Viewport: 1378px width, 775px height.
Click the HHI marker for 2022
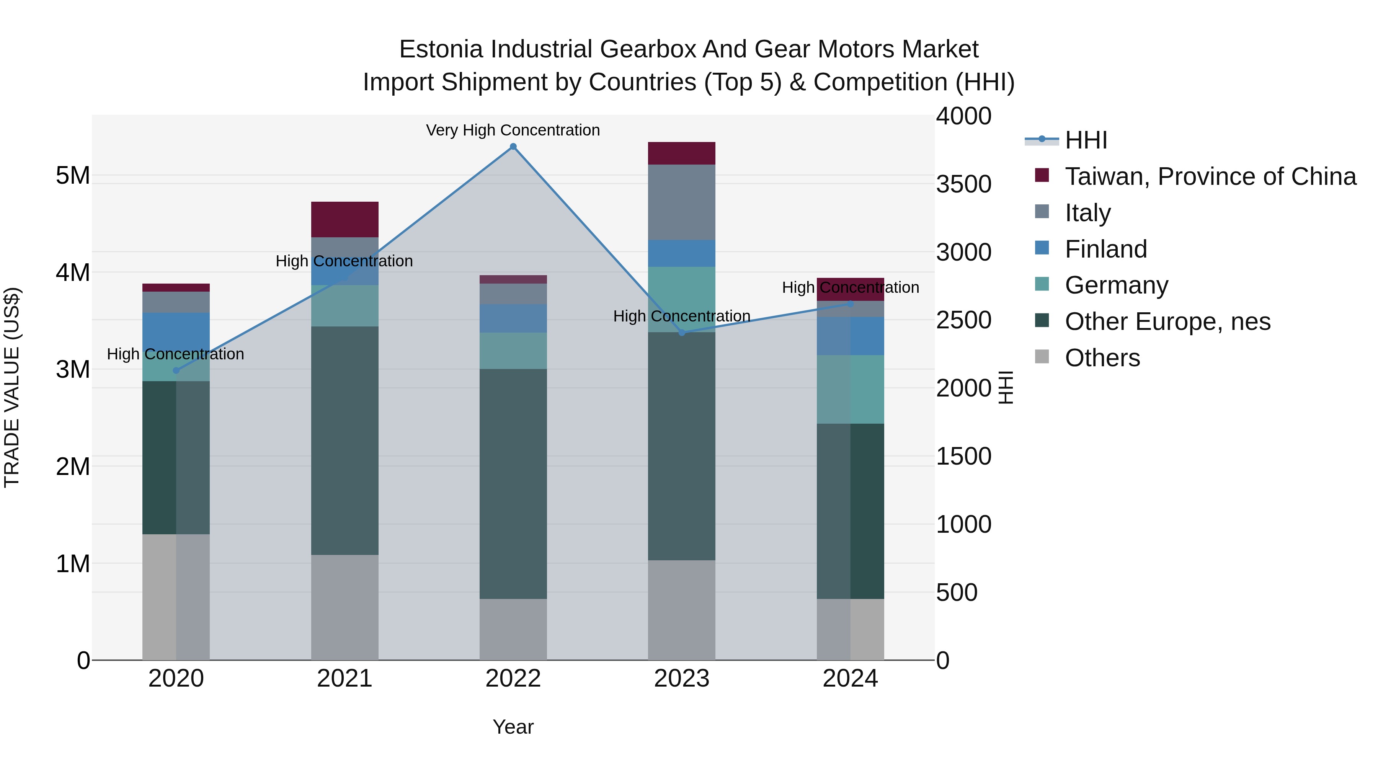coord(513,147)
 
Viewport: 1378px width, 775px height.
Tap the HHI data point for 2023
coord(681,333)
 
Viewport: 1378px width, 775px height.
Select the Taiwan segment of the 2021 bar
coord(344,219)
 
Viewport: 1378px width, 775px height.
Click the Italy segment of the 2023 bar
coord(681,202)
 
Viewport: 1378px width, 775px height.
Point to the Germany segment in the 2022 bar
coord(513,351)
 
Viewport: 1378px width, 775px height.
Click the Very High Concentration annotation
coord(513,131)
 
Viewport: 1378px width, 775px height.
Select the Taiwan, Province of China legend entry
coord(1210,176)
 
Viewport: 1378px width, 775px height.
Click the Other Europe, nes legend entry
coord(1167,321)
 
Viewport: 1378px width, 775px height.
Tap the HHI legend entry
coord(1086,140)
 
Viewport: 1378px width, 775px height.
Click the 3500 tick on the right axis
coord(963,184)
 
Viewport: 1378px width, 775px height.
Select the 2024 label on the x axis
coord(850,679)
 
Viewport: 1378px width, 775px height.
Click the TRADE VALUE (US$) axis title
coord(12,387)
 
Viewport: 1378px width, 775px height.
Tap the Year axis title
coord(513,727)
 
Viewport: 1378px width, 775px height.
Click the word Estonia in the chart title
coord(441,49)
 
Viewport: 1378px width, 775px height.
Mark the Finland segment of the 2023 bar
coord(681,253)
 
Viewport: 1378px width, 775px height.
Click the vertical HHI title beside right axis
coord(1006,387)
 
